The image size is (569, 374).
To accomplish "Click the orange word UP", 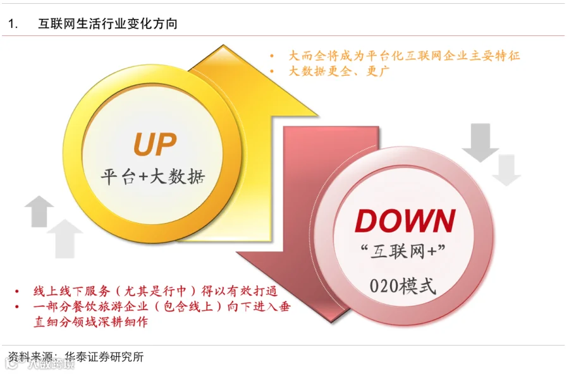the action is coord(154,143).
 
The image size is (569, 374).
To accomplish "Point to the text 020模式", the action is coord(403,286).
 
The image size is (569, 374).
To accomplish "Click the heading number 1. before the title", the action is coord(13,24).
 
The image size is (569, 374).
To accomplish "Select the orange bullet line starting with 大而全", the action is coord(404,56).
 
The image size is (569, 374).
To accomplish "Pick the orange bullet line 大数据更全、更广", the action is coord(339,71).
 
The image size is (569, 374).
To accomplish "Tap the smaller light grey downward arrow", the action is coord(506,169).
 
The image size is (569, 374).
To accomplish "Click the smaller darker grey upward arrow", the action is coord(39,210).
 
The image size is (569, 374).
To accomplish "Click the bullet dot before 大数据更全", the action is coord(272,71).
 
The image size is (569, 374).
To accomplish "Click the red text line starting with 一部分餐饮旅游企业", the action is coord(156,307).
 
